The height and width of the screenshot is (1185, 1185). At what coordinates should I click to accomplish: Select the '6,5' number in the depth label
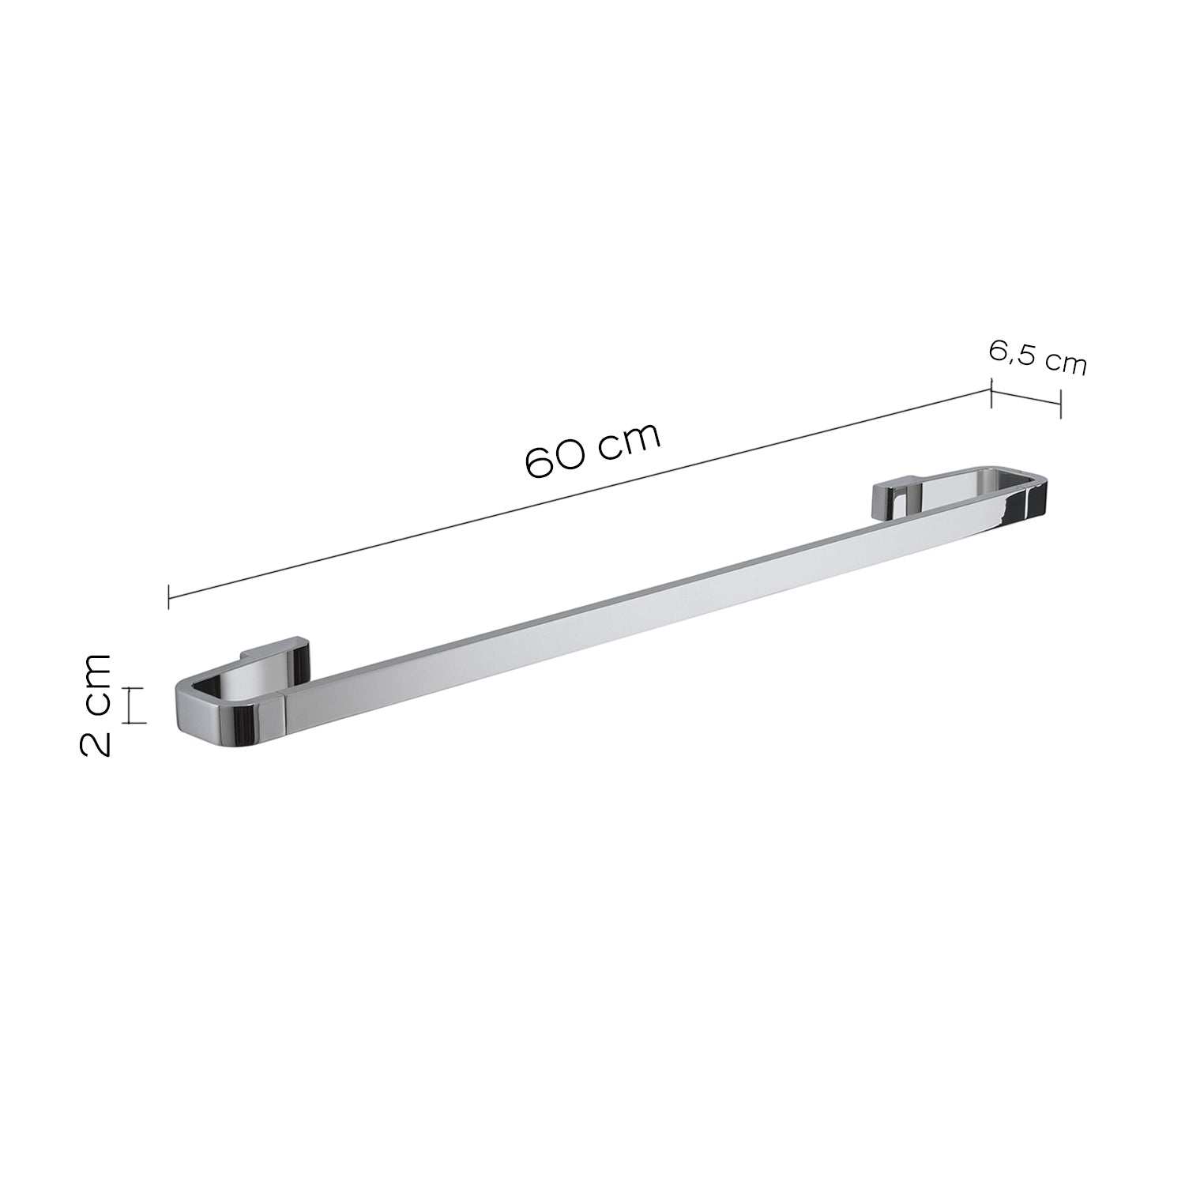tap(1012, 352)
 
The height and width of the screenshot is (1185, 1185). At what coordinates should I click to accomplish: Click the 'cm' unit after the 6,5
tap(1065, 363)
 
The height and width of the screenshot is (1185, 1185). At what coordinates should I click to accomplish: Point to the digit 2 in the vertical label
tap(96, 743)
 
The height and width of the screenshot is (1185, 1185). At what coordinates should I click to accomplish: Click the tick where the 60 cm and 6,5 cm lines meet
tap(991, 393)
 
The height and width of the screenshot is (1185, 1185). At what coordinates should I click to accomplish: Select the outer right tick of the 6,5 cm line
tap(1060, 403)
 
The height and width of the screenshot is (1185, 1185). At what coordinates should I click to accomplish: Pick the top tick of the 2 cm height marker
tap(137, 688)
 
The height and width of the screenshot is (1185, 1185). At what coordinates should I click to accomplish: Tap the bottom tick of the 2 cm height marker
tap(137, 722)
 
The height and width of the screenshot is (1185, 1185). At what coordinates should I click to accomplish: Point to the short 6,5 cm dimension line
tap(1025, 397)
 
